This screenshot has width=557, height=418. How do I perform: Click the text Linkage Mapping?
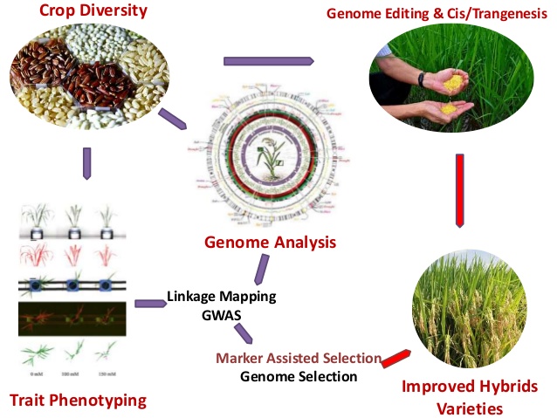[221, 296]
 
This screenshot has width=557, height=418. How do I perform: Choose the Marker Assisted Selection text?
[298, 358]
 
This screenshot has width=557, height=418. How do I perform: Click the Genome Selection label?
[299, 377]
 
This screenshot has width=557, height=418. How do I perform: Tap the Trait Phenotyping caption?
[77, 401]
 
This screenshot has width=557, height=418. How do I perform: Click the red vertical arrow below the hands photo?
[459, 190]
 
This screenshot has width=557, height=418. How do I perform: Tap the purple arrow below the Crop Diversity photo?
[86, 162]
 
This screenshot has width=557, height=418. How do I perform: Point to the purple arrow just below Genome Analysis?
[260, 268]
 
